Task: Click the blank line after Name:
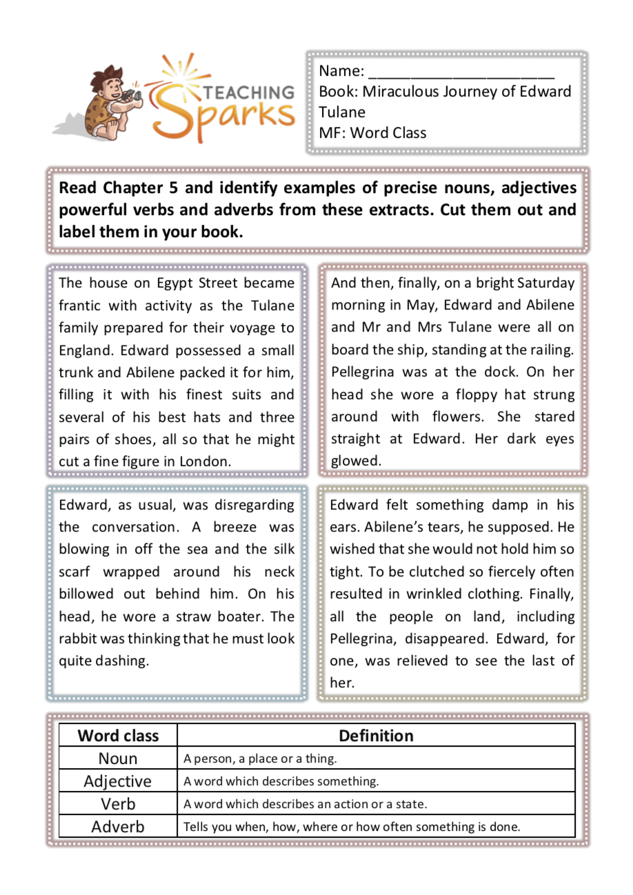(x=461, y=72)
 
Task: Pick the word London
(x=204, y=462)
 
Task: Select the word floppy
(x=478, y=395)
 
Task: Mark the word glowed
(x=356, y=462)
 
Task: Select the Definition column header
(x=376, y=736)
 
